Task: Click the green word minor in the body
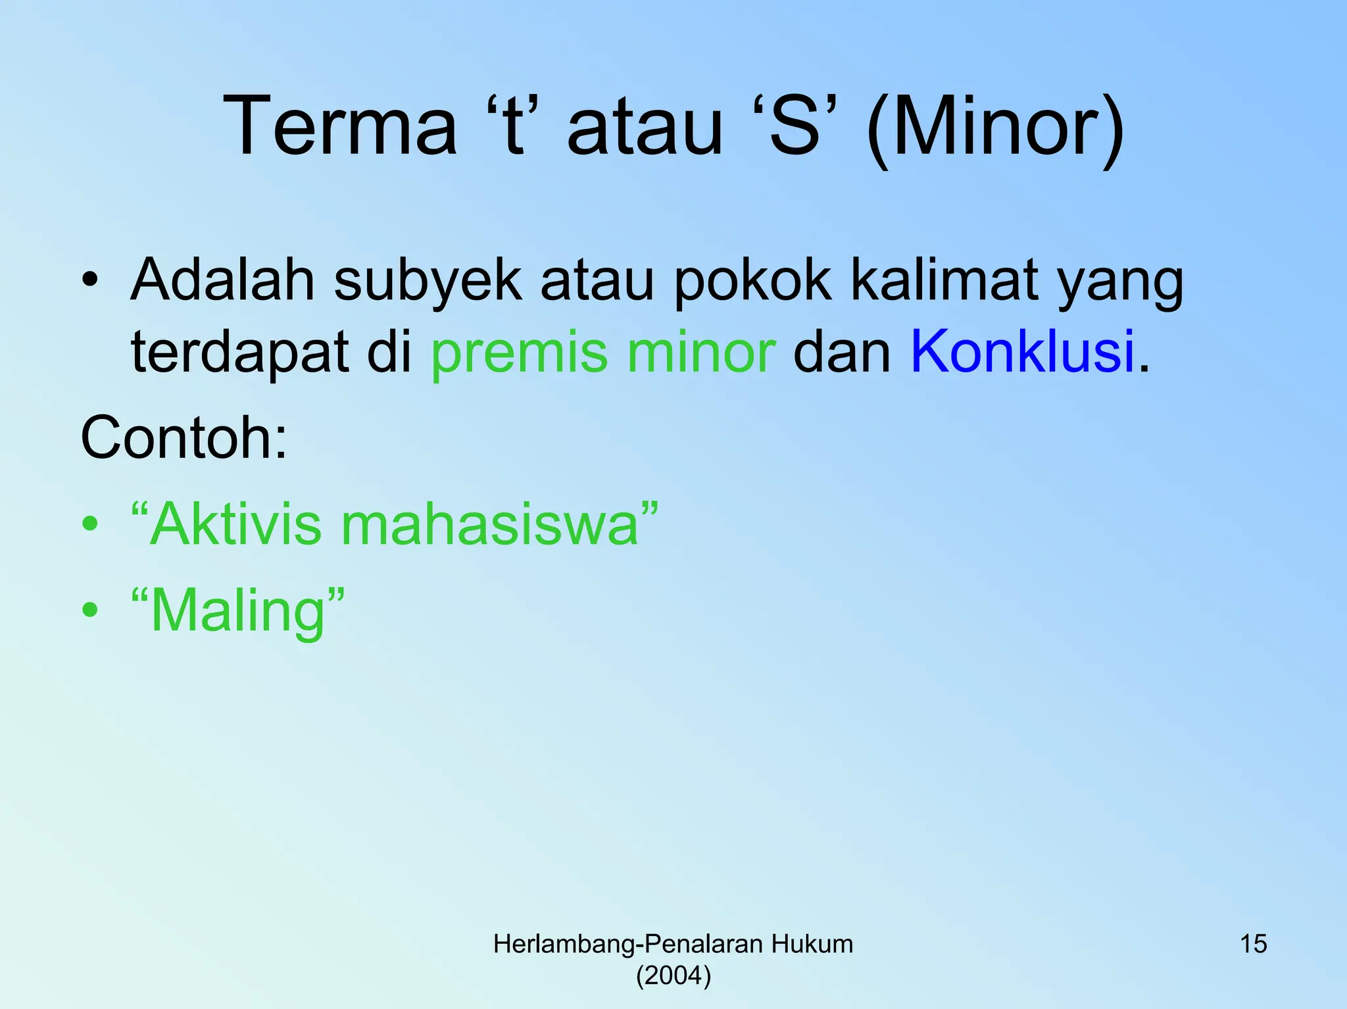701,352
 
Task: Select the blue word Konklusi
1023,351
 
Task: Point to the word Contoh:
184,437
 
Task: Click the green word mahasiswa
490,524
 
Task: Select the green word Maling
238,612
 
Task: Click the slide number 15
1253,944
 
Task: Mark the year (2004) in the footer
673,975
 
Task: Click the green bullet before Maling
90,610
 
